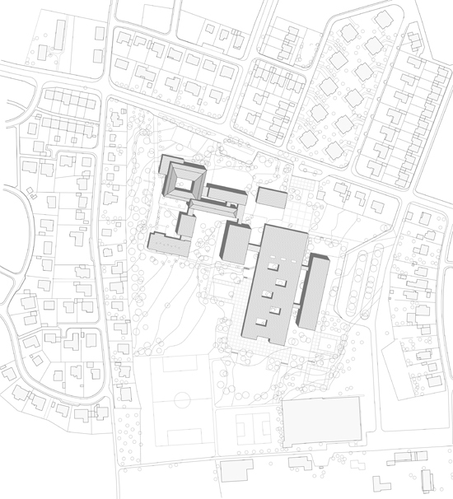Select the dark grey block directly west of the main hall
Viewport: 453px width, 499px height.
pyautogui.click(x=236, y=244)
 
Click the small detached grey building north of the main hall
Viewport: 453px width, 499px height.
pyautogui.click(x=272, y=198)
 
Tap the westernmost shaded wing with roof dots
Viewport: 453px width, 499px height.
pyautogui.click(x=170, y=244)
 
